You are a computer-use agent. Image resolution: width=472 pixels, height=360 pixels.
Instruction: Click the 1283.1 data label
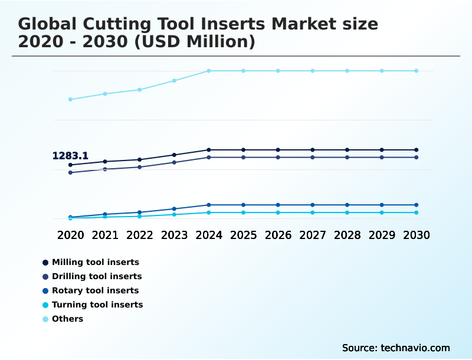coord(70,156)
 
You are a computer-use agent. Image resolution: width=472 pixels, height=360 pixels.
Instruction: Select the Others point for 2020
coord(70,99)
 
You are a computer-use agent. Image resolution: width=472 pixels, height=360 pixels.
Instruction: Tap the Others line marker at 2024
coord(209,71)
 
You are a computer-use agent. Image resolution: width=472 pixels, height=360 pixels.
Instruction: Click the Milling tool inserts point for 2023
coord(174,155)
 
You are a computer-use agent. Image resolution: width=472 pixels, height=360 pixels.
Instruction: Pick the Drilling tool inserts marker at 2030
coord(417,158)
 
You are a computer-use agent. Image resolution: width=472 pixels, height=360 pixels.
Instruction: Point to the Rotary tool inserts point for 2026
coord(278,205)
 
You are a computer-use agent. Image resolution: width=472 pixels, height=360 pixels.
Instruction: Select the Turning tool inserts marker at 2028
coord(347,212)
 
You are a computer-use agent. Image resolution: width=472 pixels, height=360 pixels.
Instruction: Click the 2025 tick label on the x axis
coord(243,235)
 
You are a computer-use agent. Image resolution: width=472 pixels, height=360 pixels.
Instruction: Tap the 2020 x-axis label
coord(70,235)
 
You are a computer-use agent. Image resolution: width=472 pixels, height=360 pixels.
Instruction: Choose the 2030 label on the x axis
coord(417,235)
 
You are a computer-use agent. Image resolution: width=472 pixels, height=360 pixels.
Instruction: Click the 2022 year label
coord(139,235)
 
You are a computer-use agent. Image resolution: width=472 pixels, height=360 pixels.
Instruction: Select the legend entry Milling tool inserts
coord(96,262)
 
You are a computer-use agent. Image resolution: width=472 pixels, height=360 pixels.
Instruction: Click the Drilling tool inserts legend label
coord(97,276)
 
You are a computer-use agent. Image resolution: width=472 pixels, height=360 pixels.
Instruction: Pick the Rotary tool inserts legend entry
coord(95,290)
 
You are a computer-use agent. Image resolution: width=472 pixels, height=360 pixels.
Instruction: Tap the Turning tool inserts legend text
coord(97,305)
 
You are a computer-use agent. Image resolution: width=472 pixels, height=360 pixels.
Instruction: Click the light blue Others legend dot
coord(45,319)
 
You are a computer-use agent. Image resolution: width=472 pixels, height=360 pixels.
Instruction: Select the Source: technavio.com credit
coord(396,348)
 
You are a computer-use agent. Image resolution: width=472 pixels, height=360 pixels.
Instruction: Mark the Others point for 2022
coord(139,90)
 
